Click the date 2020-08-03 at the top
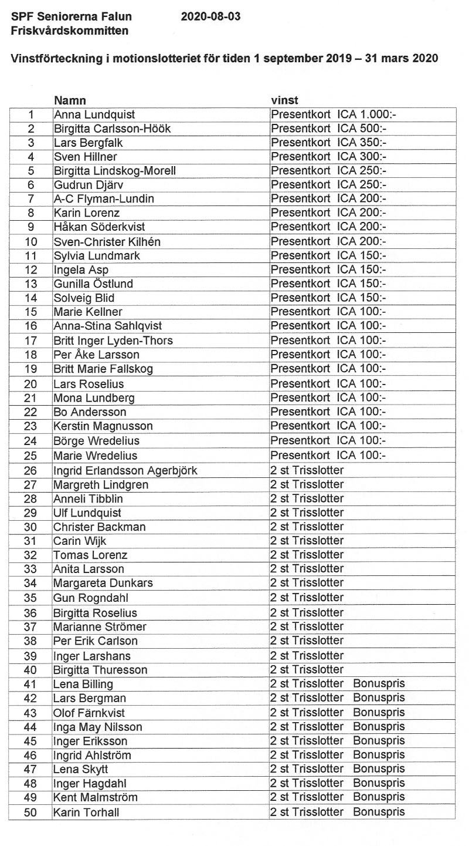[211, 17]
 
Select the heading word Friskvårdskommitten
[69, 31]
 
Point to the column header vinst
[284, 101]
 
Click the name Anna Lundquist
[94, 114]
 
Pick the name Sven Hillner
[85, 157]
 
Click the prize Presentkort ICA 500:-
[329, 129]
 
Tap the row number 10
[31, 242]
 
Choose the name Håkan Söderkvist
[99, 227]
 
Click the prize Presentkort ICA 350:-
[329, 143]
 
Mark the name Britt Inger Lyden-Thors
[113, 341]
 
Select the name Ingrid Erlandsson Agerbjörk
[125, 470]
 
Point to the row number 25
[31, 456]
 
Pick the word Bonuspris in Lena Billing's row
[379, 684]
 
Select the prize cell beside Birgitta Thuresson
[307, 670]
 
